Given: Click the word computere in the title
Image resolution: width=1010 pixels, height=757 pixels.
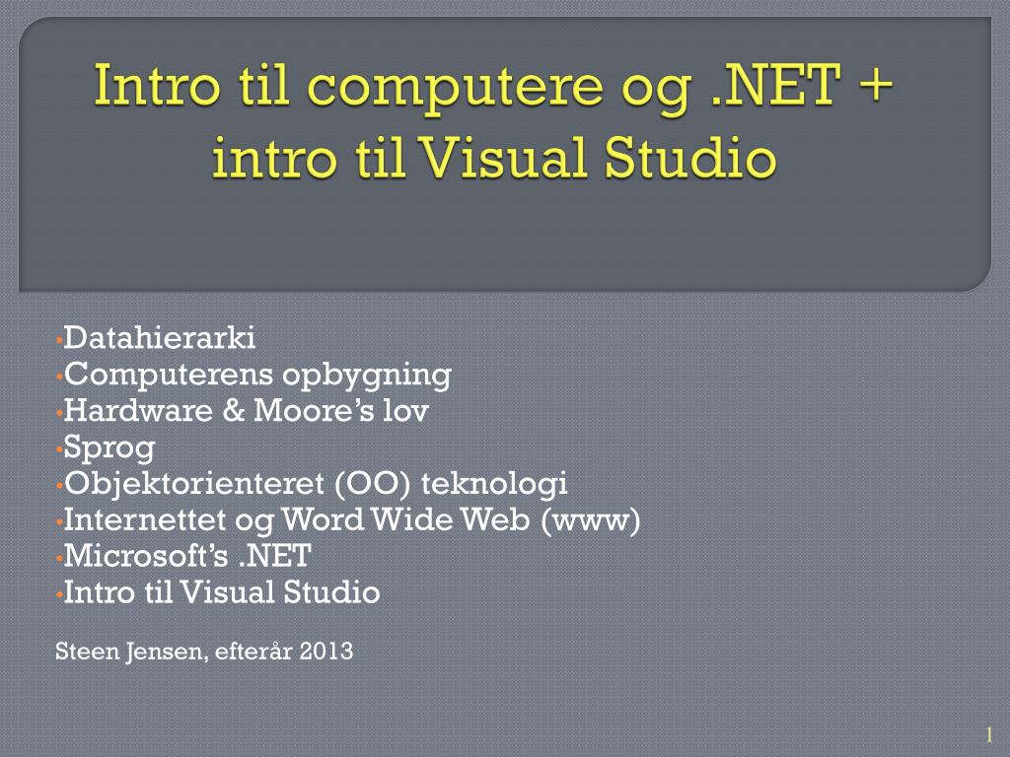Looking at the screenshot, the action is [456, 88].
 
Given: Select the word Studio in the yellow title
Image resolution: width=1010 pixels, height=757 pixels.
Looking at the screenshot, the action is [689, 157].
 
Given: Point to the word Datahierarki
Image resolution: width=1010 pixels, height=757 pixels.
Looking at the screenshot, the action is [159, 337].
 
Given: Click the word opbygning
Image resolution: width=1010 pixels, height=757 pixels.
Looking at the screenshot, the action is [367, 376].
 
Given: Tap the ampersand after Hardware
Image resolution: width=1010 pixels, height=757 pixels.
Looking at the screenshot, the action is [233, 411].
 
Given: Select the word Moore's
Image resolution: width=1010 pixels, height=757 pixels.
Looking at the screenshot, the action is [314, 410].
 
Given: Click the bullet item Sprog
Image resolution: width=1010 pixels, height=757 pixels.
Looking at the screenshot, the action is [108, 448].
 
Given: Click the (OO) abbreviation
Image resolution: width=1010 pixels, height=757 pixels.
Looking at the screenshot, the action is [372, 484].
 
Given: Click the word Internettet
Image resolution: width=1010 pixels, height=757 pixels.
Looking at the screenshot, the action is [145, 520].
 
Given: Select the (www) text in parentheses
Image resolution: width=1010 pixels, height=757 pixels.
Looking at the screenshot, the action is [591, 520].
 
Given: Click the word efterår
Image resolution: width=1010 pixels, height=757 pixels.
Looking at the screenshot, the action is [253, 651].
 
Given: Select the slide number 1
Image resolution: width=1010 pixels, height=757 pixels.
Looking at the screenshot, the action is [989, 734].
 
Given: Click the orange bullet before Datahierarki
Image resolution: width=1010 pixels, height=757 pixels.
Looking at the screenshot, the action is [58, 339].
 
